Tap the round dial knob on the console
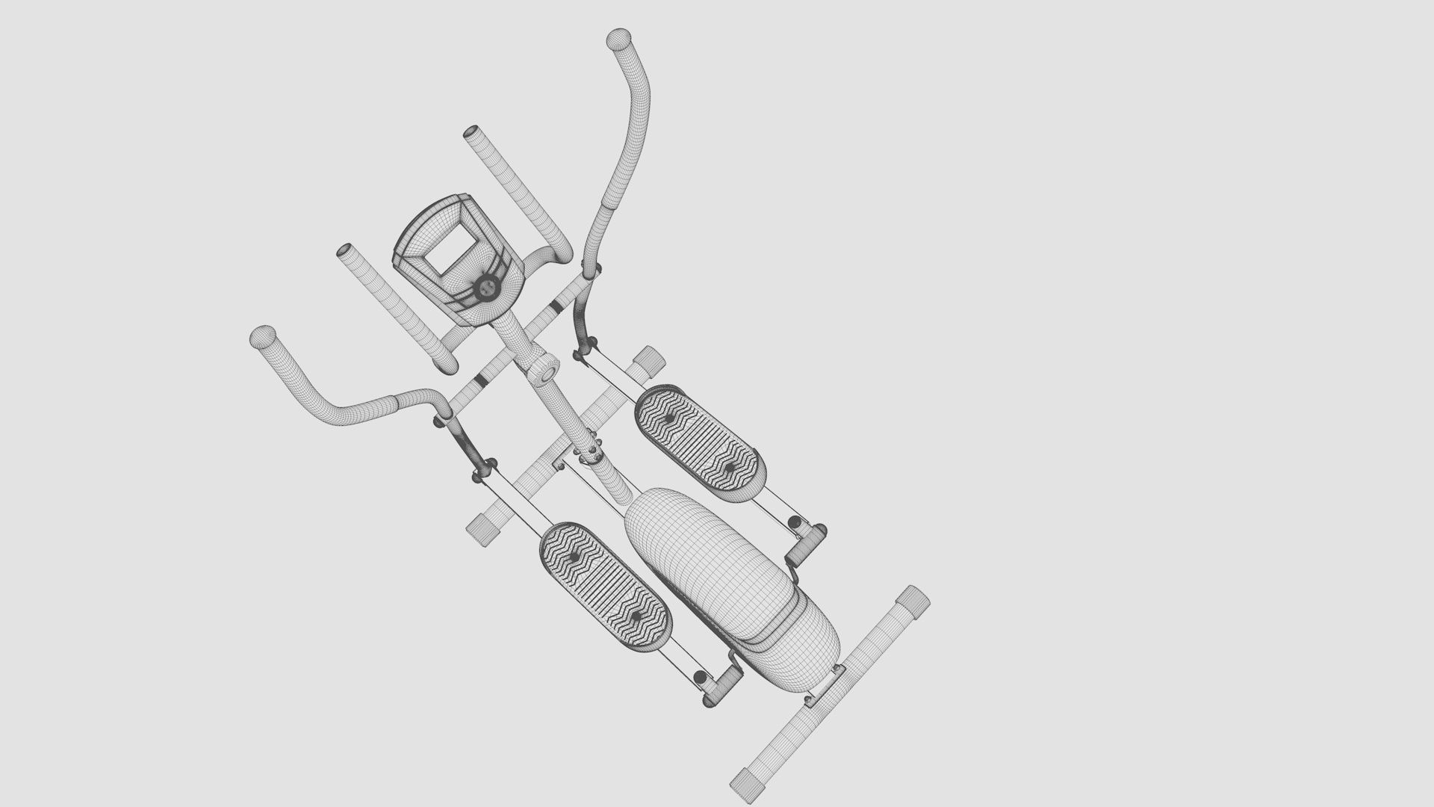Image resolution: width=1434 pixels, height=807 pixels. [485, 287]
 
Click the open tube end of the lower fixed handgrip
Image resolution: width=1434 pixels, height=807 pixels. [346, 251]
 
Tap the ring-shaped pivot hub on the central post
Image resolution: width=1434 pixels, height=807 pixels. [546, 370]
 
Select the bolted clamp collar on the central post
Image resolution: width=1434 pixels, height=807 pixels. [592, 450]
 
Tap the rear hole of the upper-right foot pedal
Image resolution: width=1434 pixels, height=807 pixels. [730, 467]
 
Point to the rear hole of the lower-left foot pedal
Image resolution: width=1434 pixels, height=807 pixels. [636, 616]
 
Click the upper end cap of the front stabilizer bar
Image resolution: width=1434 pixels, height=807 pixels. [650, 358]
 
